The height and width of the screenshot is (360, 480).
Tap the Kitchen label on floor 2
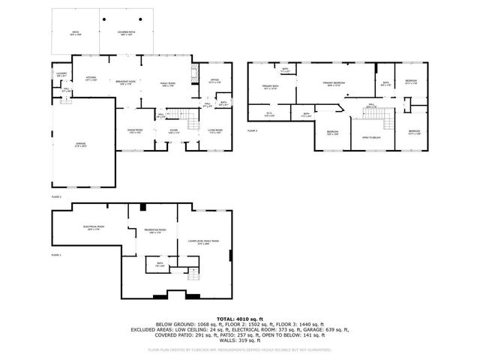[91, 78]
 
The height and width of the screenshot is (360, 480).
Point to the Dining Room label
[134, 131]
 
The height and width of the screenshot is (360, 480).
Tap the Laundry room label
[61, 74]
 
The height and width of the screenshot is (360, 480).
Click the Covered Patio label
[126, 33]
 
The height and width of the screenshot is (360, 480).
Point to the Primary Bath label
[271, 88]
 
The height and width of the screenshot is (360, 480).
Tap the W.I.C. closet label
[270, 114]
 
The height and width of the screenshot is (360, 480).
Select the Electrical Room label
[93, 228]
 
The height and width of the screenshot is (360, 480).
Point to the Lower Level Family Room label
[208, 241]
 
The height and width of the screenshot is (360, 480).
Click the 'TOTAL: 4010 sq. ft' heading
[240, 318]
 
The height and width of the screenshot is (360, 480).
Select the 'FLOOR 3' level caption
[253, 130]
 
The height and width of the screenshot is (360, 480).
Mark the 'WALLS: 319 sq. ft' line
[240, 341]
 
